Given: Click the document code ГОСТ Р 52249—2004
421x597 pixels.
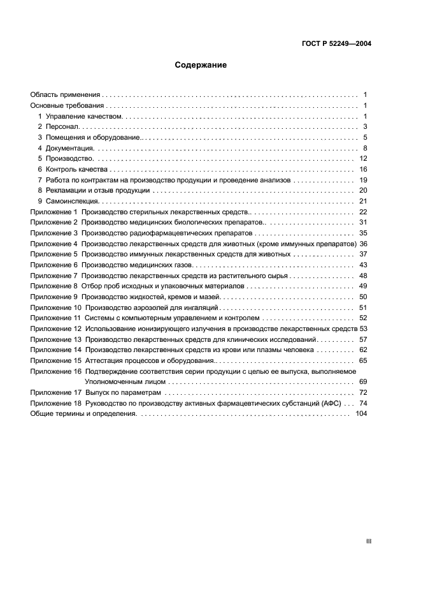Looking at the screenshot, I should click(336, 43).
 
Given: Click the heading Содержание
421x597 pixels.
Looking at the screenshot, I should click(201, 65).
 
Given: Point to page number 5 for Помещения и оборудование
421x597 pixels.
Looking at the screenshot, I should click(365, 137).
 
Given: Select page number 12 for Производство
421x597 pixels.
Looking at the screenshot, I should click(363, 158).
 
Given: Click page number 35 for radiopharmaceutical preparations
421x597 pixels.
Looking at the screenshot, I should click(363, 233).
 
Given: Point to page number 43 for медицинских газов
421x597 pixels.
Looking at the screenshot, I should click(363, 265).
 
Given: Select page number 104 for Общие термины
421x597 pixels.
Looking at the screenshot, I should click(361, 414).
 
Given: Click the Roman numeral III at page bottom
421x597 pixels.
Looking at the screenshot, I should click(368, 541).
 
